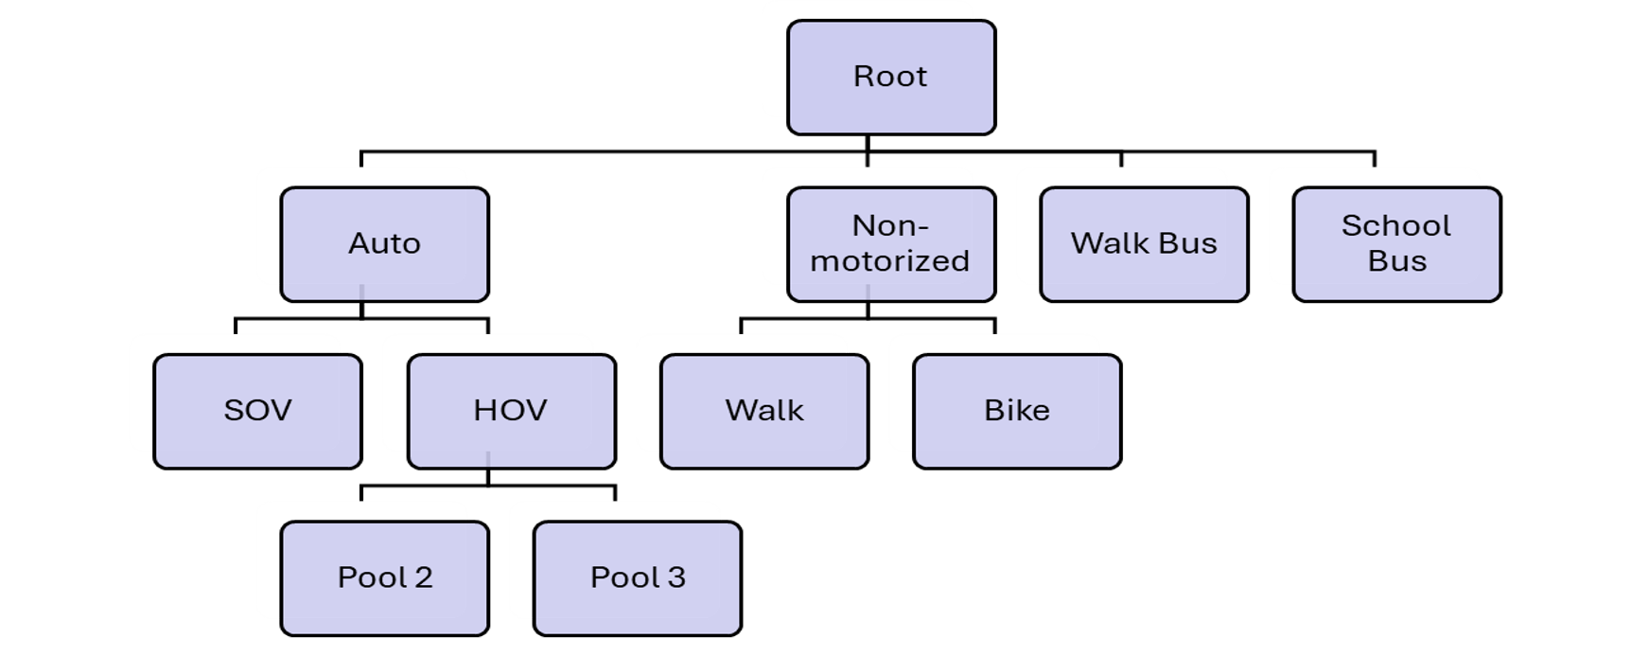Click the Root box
[x=890, y=77]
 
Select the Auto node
[x=384, y=244]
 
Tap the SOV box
[x=257, y=411]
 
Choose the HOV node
[x=511, y=411]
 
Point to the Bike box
[x=1017, y=411]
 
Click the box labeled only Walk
[x=764, y=411]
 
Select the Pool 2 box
[x=384, y=577]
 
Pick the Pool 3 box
[x=637, y=577]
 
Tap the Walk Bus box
[x=1144, y=244]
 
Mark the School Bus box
[x=1396, y=244]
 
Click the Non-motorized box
[x=890, y=244]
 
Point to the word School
[x=1396, y=226]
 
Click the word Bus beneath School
[x=1396, y=261]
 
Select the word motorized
[x=890, y=261]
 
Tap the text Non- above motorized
[x=890, y=226]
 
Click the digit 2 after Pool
[x=423, y=577]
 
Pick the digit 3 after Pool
[x=675, y=577]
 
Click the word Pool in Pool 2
[x=371, y=577]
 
